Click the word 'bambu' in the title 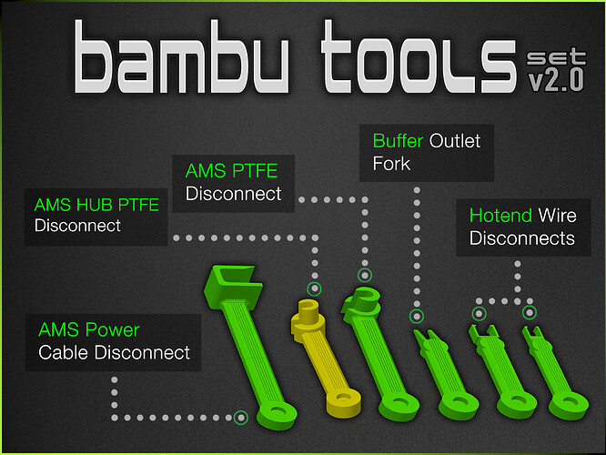(182, 56)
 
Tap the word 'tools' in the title (419, 56)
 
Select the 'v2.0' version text (556, 80)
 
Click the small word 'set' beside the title (556, 56)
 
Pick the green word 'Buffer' (398, 141)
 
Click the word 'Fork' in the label (391, 164)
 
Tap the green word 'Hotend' (500, 216)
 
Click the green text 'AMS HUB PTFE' (96, 205)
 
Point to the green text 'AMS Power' (89, 329)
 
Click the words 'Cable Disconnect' (114, 352)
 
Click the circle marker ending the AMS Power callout (241, 418)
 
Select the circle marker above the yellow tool (314, 288)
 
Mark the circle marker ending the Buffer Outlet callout (417, 316)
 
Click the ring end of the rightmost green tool (569, 405)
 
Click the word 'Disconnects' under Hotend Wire (521, 238)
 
